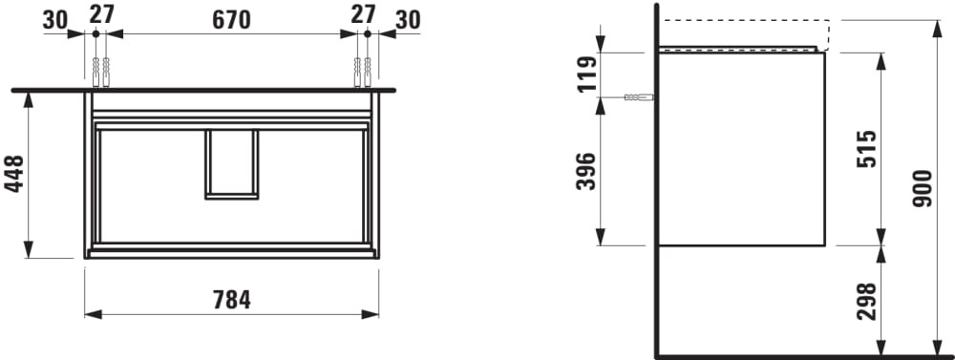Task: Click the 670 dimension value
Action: click(x=231, y=20)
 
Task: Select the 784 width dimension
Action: click(x=231, y=300)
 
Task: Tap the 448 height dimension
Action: click(x=14, y=174)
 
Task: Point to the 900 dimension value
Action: click(x=923, y=188)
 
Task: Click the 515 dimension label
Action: click(x=867, y=149)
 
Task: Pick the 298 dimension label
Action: click(x=867, y=302)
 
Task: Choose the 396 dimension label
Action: click(x=586, y=171)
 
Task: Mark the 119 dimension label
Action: click(x=587, y=74)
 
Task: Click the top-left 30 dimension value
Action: click(x=54, y=20)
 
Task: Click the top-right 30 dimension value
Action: click(x=408, y=20)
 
